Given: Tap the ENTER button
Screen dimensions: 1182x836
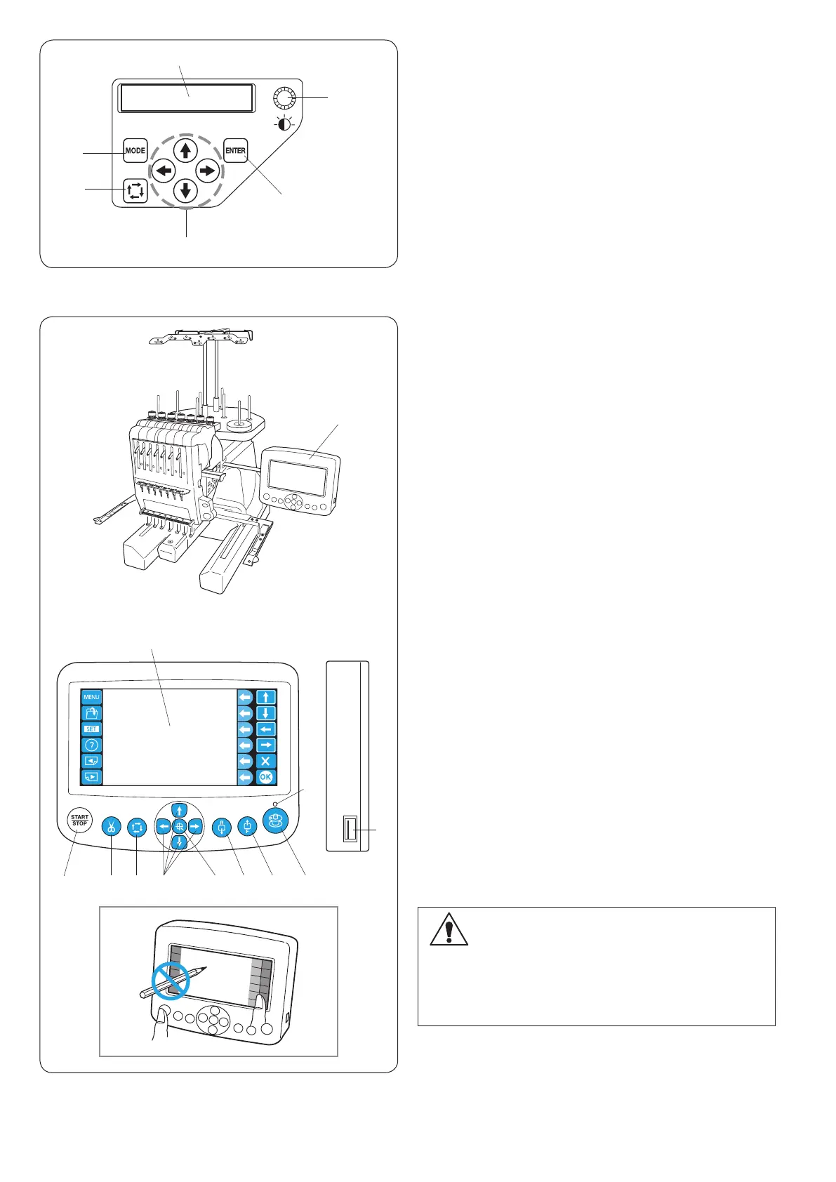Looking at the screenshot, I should tap(236, 150).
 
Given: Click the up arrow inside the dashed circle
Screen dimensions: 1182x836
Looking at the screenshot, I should tap(185, 150).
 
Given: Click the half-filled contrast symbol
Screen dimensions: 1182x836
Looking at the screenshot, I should tap(286, 127).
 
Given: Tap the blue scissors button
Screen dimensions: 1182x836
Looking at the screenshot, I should tap(111, 827).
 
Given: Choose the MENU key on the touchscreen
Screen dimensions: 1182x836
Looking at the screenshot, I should tap(92, 698).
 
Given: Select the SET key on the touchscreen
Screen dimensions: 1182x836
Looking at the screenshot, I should tap(92, 729).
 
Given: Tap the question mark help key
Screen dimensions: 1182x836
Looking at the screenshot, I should tap(92, 745).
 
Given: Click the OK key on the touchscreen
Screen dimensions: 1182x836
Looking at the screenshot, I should tap(265, 777).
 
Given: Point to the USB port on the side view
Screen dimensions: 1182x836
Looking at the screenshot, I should tap(350, 830).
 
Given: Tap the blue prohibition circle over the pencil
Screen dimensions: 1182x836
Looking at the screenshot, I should tap(171, 981).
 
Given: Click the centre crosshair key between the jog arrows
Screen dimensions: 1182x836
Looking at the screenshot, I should tap(180, 826).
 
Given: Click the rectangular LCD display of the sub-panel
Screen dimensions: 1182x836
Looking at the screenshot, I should tap(187, 98).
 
